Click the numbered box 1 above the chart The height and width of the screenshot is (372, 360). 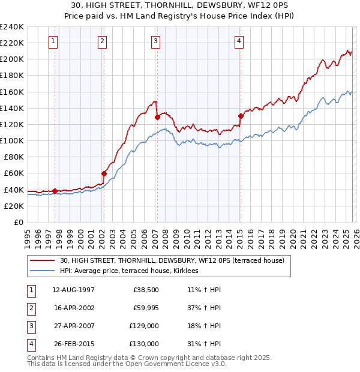tap(54, 41)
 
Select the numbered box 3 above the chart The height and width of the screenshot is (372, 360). tap(155, 41)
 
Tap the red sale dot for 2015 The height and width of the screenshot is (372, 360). tap(241, 116)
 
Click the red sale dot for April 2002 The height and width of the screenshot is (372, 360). tap(104, 173)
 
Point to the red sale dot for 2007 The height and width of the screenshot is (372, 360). tap(157, 117)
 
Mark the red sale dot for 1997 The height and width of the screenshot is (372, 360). tap(55, 191)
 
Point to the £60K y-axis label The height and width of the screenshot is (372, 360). tap(14, 173)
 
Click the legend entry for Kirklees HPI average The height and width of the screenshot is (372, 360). tap(133, 271)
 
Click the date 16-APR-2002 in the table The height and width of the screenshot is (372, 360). tap(73, 308)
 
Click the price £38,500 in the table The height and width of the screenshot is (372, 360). tap(146, 290)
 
